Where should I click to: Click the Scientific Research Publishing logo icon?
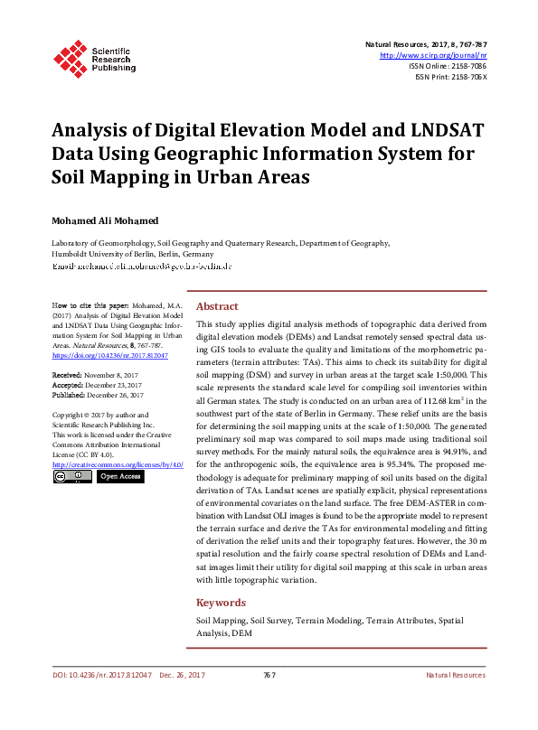coord(70,57)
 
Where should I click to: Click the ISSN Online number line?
coord(448,66)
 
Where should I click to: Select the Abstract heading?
coord(217,306)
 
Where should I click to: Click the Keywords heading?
coord(222,603)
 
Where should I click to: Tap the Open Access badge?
coord(119,476)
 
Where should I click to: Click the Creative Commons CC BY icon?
coord(72,476)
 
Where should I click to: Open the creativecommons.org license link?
coord(118,464)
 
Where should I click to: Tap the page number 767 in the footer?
coord(269,676)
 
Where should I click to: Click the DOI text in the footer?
coord(101,676)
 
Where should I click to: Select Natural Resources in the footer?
coord(456,676)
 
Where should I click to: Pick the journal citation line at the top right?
coord(426,44)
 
